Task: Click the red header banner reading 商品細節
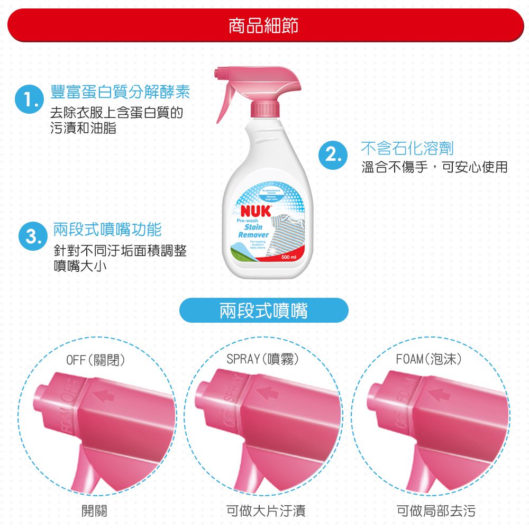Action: click(x=264, y=25)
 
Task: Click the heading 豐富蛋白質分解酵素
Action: click(x=120, y=92)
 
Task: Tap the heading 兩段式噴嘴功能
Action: click(x=107, y=229)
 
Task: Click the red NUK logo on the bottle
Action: click(x=256, y=211)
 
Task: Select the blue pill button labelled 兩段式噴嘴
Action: click(x=264, y=311)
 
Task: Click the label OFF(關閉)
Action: click(x=96, y=360)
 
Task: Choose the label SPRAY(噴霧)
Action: click(x=263, y=360)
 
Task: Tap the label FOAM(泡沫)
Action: click(x=430, y=360)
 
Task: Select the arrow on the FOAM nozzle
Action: click(x=439, y=394)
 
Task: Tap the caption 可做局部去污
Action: click(x=436, y=510)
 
